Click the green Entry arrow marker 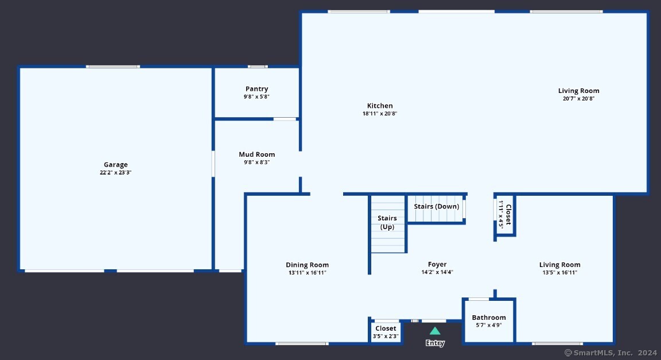point(435,331)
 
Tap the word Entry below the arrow point(435,343)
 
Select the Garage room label point(116,165)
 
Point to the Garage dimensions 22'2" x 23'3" point(116,172)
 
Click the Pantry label point(256,89)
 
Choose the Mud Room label point(256,154)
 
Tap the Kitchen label point(380,106)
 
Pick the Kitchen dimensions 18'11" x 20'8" point(380,113)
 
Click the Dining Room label point(308,265)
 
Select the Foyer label point(437,265)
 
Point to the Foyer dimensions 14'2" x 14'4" point(437,272)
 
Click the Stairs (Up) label point(387,222)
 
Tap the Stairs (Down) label point(436,206)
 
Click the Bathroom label point(489,318)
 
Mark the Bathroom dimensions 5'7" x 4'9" point(489,325)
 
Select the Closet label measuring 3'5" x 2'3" point(386,328)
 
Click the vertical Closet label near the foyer point(508,214)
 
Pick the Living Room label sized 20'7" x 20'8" point(579,91)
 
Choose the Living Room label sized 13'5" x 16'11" point(560,265)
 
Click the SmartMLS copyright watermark point(611,353)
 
